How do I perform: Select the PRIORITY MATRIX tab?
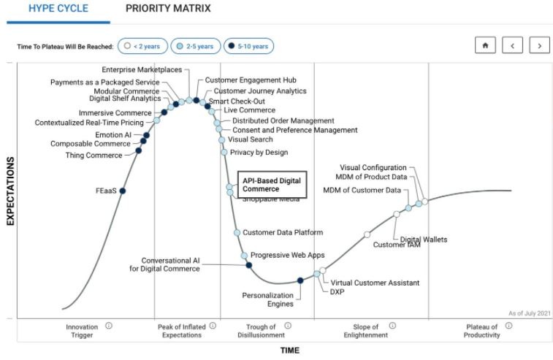[x=168, y=9]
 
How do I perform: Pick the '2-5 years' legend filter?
[x=196, y=46]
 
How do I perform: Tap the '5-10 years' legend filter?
[x=249, y=46]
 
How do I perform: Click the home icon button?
[x=484, y=45]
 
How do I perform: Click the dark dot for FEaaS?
[x=123, y=191]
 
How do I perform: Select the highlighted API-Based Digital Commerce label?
[x=271, y=185]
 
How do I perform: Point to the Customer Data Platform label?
[x=283, y=233]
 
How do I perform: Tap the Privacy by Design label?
[x=259, y=153]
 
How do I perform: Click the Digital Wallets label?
[x=423, y=240]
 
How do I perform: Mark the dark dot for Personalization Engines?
[x=300, y=280]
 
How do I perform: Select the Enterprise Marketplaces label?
[x=142, y=69]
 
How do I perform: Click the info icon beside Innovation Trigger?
[x=109, y=326]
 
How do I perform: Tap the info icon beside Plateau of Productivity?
[x=508, y=326]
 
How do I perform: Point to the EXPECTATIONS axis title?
[x=11, y=191]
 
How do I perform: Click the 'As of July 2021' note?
[x=528, y=313]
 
